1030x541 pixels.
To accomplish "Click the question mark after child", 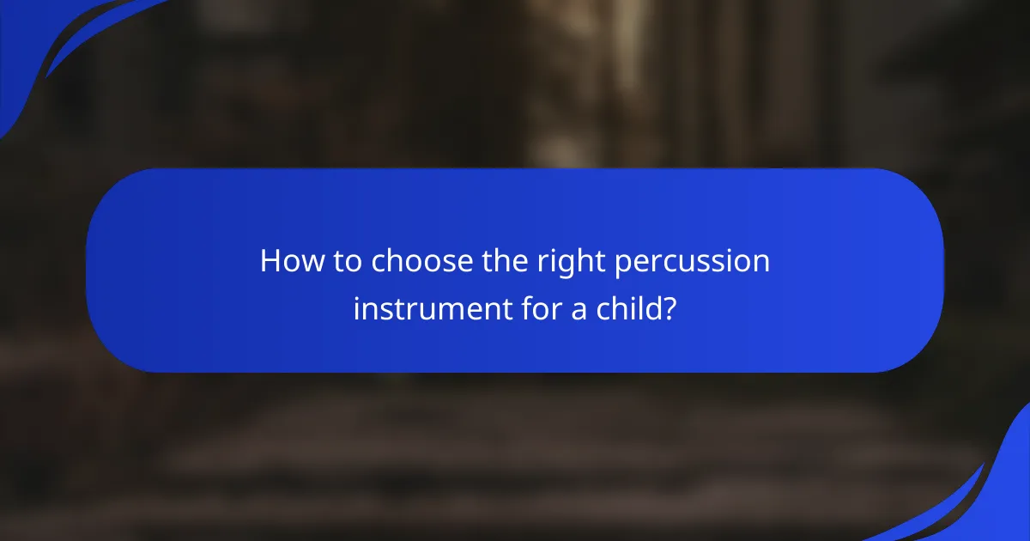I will coord(668,307).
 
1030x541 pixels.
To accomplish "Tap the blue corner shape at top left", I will coord(34,34).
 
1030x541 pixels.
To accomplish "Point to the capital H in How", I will coord(271,262).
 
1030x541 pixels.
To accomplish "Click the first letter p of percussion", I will coord(621,265).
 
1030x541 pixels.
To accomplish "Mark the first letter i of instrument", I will coord(357,307).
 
